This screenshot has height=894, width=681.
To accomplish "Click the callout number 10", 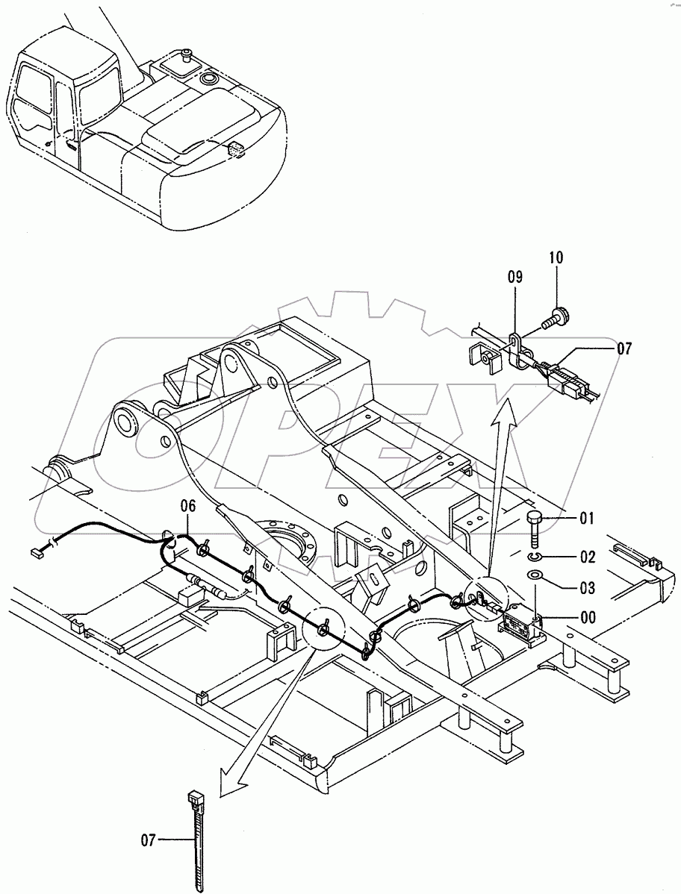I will coord(558,258).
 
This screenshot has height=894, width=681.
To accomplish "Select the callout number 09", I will coord(515,277).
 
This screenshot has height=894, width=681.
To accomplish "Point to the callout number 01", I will coord(587,517).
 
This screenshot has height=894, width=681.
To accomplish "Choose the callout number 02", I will coord(587,557).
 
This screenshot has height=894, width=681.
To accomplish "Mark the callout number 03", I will coord(587,588).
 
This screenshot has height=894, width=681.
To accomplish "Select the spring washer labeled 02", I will coord(535,556).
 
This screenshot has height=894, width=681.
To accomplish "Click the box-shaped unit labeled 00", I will coord(523,623).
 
